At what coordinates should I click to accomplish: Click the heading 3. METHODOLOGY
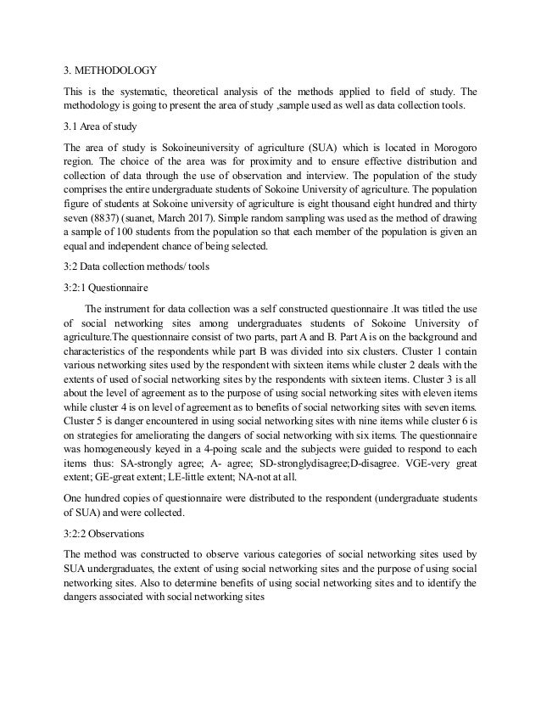[109, 72]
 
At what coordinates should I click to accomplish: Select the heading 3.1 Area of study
[99, 129]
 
